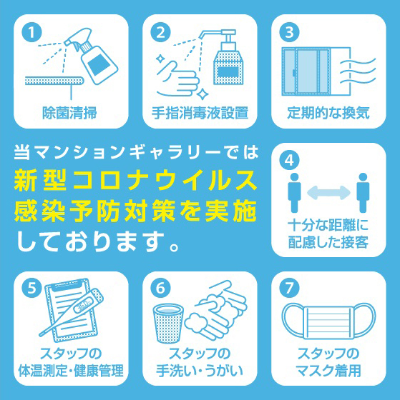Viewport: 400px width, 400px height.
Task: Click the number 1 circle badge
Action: point(31,32)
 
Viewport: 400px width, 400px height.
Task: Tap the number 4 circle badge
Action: point(289,161)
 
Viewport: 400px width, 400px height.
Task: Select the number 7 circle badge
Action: point(289,289)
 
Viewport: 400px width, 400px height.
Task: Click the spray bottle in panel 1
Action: point(92,56)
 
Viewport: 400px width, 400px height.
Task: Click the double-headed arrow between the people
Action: point(328,193)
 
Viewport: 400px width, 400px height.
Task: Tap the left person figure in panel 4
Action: point(294,193)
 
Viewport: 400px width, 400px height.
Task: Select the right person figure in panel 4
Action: point(363,193)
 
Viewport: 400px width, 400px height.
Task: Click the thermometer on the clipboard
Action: point(72,311)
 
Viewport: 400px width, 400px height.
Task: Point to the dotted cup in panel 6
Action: point(168,324)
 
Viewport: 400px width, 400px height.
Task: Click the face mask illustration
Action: point(328,321)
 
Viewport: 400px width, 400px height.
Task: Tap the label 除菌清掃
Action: point(69,113)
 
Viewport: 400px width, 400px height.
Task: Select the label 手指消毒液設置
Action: point(200,113)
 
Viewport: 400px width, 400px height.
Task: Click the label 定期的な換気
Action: point(328,113)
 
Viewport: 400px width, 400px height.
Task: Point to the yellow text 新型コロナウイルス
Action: point(135,181)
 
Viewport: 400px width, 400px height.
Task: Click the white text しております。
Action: point(97,241)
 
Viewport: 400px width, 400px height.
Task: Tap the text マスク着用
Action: point(328,371)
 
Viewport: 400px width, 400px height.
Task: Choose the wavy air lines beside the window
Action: point(358,71)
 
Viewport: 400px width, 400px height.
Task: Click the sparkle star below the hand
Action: point(203,94)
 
